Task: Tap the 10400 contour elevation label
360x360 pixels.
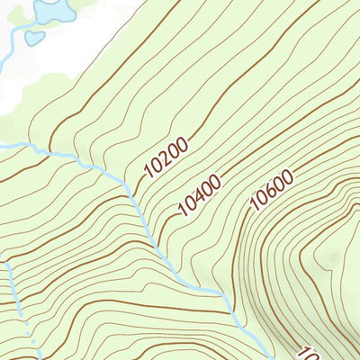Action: [x=199, y=196]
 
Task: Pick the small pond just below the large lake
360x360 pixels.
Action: [x=34, y=38]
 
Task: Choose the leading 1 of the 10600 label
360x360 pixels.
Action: [x=254, y=207]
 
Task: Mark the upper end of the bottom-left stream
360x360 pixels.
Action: [x=7, y=263]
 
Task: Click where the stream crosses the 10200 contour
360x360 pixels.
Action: [x=132, y=192]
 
